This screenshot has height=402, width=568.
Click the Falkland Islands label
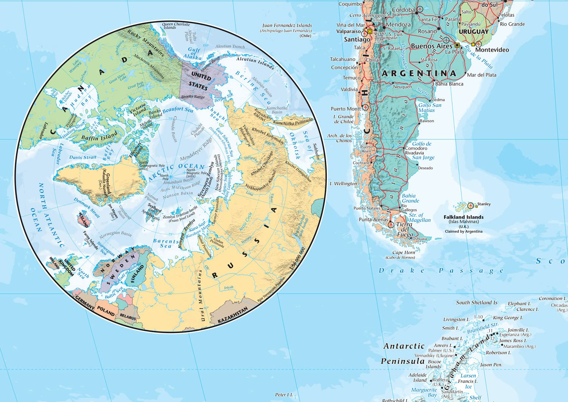pos(463,217)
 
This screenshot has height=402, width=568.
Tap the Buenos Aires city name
pos(432,46)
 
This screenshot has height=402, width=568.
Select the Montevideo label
pos(492,50)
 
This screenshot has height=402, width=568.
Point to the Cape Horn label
pos(404,252)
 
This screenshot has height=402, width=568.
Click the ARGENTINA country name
pos(419,73)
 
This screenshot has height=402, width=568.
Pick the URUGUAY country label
pos(473,32)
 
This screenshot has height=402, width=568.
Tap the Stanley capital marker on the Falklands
pos(471,205)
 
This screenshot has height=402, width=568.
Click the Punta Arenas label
pos(373,219)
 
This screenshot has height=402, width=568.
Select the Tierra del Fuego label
pos(404,229)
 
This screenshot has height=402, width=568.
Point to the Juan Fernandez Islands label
pos(287,25)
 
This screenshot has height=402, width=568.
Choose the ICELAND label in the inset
pos(83,219)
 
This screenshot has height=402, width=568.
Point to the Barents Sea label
pos(165,243)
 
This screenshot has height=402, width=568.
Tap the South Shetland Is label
pos(476,302)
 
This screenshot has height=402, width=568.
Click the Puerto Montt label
pos(345,109)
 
